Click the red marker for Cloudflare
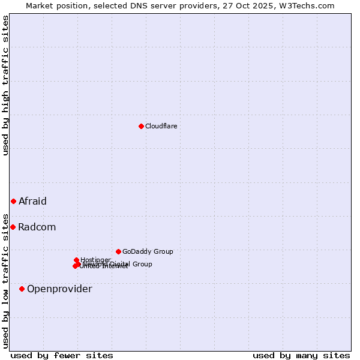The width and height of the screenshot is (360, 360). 141,126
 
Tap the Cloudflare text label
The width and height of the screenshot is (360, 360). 161,126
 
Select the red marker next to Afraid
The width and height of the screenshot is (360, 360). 13,201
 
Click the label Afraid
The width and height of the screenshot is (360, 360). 32,201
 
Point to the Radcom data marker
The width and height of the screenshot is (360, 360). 13,227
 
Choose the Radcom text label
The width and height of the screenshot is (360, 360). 37,227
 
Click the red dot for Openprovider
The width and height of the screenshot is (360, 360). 22,289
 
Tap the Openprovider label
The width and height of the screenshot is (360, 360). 59,289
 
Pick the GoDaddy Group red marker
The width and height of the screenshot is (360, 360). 118,251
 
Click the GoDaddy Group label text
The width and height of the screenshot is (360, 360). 148,251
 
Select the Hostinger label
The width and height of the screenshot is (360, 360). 95,260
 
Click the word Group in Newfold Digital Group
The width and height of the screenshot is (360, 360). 142,264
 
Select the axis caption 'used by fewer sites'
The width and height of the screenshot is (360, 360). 62,355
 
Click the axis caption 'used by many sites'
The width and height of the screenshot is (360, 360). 301,355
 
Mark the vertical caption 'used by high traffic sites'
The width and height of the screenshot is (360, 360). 5,85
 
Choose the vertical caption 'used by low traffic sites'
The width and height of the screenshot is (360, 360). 5,280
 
